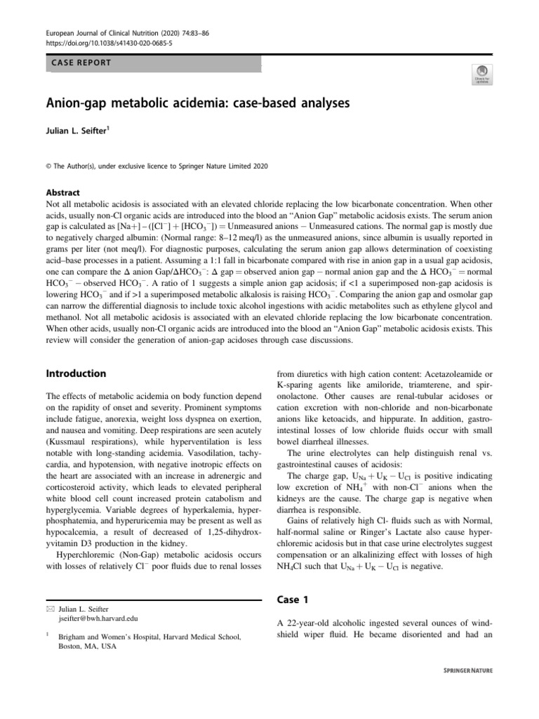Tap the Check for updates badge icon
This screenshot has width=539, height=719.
click(x=483, y=73)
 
